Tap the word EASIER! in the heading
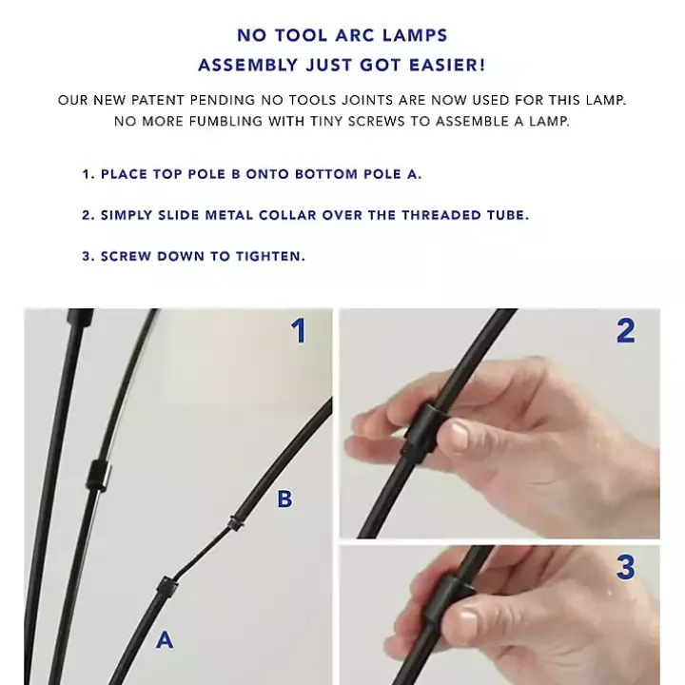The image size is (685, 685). point(447,65)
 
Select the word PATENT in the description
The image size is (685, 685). point(158,100)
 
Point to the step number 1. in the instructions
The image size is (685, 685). point(88,174)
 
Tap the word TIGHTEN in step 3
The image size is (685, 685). point(268,257)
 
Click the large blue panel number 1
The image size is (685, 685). point(299,331)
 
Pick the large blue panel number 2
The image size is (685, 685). point(626,331)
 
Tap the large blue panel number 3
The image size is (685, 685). point(626,567)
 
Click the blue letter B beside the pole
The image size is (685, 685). point(284,499)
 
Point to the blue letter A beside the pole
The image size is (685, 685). point(165,640)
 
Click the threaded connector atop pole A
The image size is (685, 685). point(167,587)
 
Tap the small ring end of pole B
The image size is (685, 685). point(236,523)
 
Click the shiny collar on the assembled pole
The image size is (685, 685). point(99,475)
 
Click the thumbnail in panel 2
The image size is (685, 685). point(454,436)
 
